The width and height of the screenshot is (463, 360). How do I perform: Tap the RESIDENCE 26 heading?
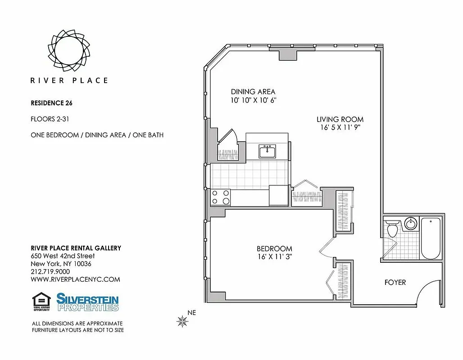click(x=51, y=103)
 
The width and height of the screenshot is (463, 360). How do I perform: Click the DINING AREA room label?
click(x=253, y=92)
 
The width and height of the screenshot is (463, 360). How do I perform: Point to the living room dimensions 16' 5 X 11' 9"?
click(x=340, y=127)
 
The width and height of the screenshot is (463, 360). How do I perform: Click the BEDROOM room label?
click(x=274, y=248)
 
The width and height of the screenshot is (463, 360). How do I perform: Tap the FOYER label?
click(x=395, y=283)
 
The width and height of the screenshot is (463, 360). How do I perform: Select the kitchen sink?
click(x=267, y=151)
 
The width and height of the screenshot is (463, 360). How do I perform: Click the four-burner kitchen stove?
click(x=221, y=197)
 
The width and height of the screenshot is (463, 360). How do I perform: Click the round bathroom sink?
click(x=410, y=224)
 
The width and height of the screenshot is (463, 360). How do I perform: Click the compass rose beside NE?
click(x=182, y=320)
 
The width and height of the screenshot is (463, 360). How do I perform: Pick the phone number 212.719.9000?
click(x=50, y=272)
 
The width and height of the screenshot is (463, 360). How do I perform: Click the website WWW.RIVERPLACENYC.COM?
click(x=75, y=279)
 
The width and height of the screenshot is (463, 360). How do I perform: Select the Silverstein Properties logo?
click(x=87, y=302)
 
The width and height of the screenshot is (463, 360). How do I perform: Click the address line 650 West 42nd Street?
click(x=63, y=256)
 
